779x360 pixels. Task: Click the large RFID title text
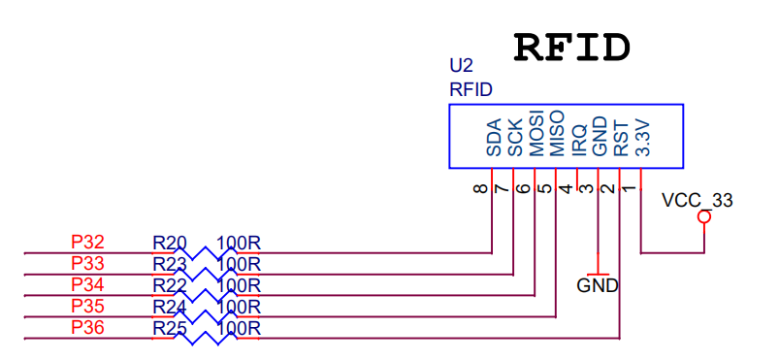[x=572, y=46]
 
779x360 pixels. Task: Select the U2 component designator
[x=461, y=67]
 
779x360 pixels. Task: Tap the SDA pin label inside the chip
[x=494, y=138]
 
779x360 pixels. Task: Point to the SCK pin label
[x=515, y=138]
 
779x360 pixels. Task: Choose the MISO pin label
[x=557, y=135]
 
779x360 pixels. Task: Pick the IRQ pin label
[x=578, y=140]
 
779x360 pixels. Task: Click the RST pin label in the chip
[x=621, y=139]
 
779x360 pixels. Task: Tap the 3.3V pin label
[x=641, y=138]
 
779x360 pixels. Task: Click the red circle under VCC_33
[x=704, y=218]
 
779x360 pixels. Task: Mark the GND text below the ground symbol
[x=598, y=286]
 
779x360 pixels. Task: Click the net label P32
[x=88, y=242]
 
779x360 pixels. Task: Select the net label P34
[x=88, y=284]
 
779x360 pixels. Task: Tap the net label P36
[x=88, y=327]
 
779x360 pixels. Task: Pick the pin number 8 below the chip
[x=480, y=188]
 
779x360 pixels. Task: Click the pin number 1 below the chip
[x=629, y=188]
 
